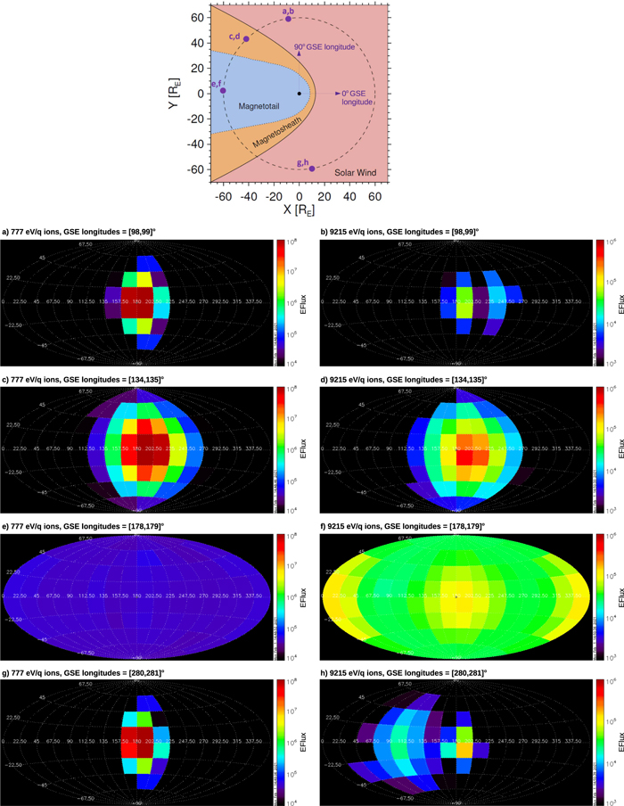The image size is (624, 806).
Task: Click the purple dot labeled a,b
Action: pos(288,18)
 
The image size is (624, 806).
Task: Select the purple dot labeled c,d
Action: pos(246,39)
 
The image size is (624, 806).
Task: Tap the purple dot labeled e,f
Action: pos(223,91)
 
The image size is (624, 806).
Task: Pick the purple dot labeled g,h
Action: pos(311,169)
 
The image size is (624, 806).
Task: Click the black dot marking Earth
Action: pos(299,94)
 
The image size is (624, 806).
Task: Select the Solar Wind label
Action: pos(355,170)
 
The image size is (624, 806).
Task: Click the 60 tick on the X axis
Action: pos(374,195)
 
